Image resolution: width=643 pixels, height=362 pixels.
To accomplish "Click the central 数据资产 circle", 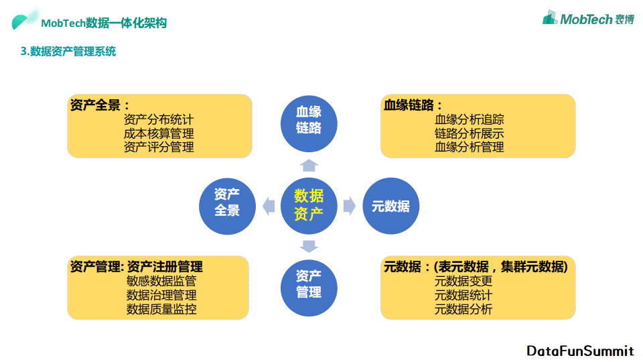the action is [309, 206].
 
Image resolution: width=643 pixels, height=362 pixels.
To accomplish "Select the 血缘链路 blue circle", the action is [309, 123].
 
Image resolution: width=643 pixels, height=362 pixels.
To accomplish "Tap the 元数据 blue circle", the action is [390, 206].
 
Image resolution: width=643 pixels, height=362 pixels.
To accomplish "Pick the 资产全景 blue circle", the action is [227, 206].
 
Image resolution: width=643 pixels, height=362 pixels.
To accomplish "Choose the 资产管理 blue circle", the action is [309, 288].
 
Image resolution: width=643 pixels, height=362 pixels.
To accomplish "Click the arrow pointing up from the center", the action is [309, 165].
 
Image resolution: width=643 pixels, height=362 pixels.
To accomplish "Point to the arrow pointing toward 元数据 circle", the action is [350, 206].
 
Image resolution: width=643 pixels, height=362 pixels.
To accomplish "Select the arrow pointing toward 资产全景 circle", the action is [269, 206].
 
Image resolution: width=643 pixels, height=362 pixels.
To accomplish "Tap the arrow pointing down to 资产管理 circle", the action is [309, 246].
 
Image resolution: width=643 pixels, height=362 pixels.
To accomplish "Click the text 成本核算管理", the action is [159, 133].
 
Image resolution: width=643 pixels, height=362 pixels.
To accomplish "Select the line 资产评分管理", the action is [159, 147].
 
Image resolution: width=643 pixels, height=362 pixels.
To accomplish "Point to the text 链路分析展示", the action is [469, 133].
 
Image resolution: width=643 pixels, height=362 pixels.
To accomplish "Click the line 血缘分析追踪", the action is [469, 119].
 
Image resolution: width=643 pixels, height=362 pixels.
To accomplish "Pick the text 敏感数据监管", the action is [161, 281].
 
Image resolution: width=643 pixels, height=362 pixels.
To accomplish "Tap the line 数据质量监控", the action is [161, 308].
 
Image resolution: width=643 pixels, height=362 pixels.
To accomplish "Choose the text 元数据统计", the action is [463, 295].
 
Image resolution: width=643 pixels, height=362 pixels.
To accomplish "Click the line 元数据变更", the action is [463, 281].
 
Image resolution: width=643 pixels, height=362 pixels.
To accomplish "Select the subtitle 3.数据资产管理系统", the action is [68, 52].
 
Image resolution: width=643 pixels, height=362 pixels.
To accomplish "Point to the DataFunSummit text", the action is [580, 351].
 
